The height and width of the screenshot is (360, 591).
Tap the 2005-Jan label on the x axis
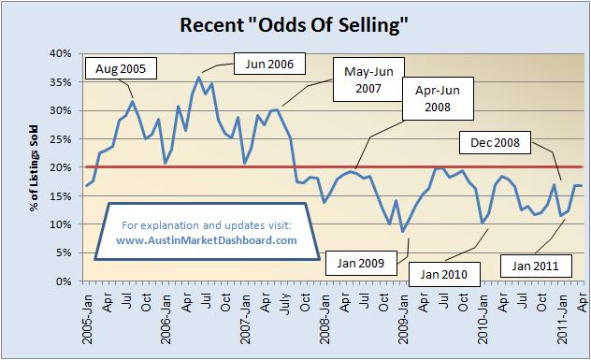(84, 313)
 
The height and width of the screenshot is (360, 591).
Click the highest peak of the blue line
(199, 77)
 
